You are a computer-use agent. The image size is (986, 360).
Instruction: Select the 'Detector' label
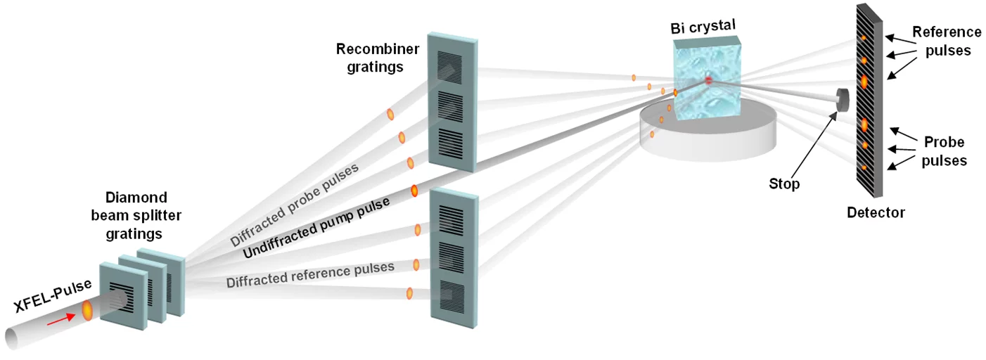tap(876, 212)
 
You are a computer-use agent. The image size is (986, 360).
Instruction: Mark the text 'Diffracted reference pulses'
tap(309, 275)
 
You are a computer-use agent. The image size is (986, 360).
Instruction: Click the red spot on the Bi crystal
tap(708, 81)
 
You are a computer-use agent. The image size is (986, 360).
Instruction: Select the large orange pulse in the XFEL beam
tap(87, 310)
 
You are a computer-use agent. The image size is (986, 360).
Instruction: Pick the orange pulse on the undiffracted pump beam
tap(414, 190)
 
